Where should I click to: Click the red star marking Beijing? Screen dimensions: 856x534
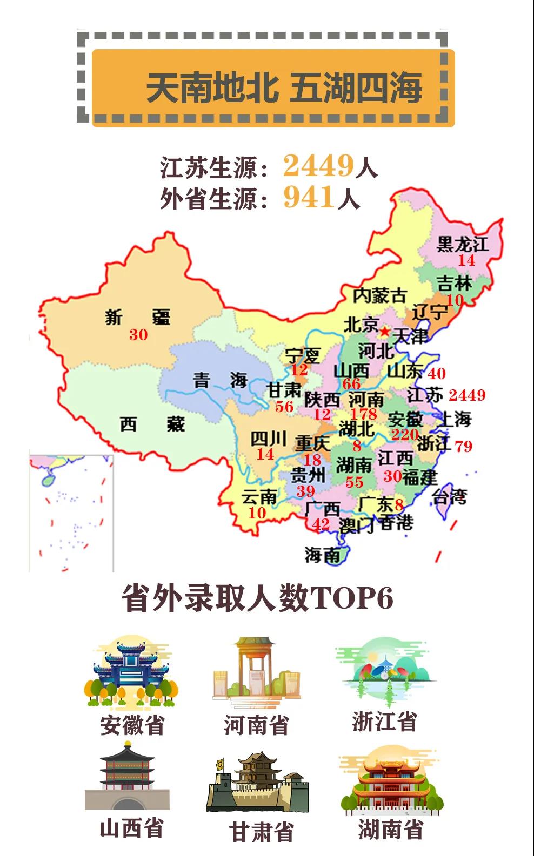click(x=384, y=330)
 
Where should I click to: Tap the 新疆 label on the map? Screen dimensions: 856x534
click(x=137, y=316)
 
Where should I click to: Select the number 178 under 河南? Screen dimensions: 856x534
click(x=363, y=414)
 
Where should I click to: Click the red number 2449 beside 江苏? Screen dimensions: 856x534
click(x=467, y=395)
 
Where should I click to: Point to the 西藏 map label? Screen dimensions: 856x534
click(x=152, y=424)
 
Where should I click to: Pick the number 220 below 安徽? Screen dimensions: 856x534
click(x=404, y=434)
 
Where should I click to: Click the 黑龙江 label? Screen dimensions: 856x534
click(x=462, y=244)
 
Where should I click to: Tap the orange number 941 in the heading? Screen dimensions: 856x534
click(x=309, y=197)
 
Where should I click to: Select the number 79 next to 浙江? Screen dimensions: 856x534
click(x=464, y=447)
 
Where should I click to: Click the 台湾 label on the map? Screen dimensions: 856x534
click(x=449, y=497)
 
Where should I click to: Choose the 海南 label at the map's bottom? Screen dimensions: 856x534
click(x=322, y=555)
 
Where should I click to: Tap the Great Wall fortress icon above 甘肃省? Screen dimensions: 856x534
click(x=257, y=782)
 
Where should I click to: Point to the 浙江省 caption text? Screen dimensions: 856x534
click(x=384, y=721)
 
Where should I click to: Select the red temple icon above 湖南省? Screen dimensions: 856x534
click(x=390, y=781)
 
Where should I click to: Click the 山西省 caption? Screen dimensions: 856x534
click(x=131, y=828)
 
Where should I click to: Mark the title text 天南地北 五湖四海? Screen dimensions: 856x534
click(x=284, y=88)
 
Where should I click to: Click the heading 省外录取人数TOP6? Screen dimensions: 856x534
click(x=257, y=598)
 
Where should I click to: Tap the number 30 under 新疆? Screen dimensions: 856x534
click(x=138, y=335)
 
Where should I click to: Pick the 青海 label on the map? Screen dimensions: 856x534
click(x=220, y=381)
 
